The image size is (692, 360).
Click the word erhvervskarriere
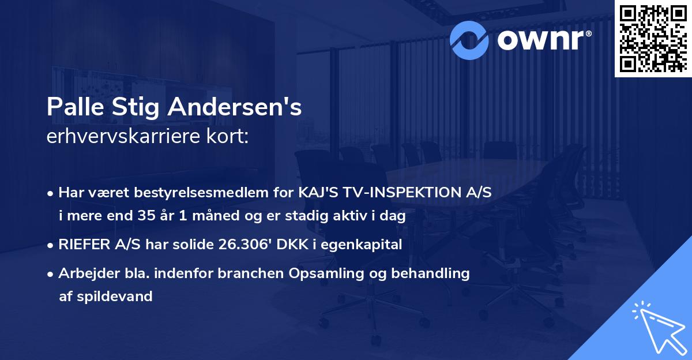click(119, 136)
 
